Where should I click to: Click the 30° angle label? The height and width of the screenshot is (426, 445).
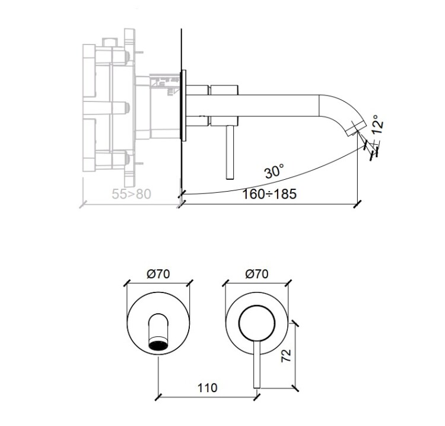(275, 172)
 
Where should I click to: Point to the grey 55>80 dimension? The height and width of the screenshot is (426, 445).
(132, 193)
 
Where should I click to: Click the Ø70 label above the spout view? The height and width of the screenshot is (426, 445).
(158, 274)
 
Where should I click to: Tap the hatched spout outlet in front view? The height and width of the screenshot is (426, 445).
(158, 345)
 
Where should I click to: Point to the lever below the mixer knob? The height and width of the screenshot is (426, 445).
(257, 365)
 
